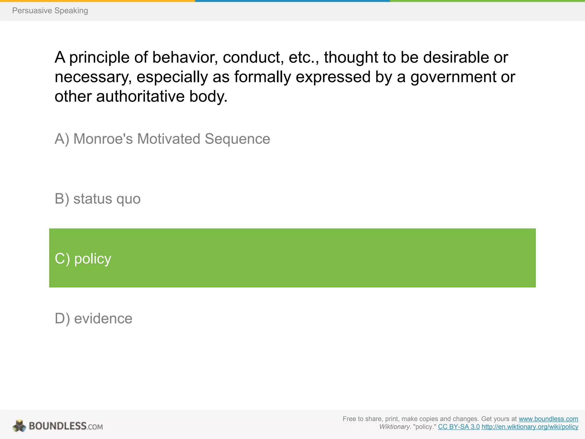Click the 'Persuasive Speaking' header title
50,11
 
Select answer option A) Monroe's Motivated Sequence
162,139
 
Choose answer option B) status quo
97,199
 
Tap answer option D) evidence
93,318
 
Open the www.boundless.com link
548,419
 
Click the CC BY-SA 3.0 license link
459,427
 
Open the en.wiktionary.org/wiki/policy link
530,427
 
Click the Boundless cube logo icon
19,426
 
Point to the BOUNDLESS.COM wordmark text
66,426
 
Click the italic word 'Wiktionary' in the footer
394,427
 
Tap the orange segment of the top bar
97,1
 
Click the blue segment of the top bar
292,1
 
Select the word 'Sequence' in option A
237,139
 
